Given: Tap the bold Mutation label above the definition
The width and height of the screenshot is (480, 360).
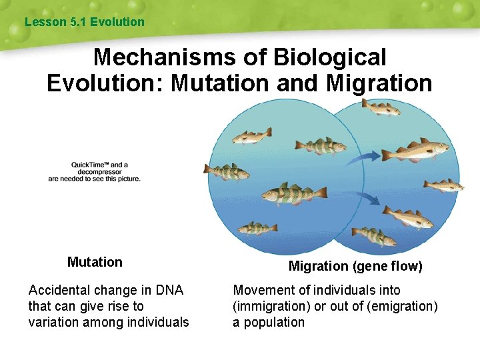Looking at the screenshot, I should coord(95,262).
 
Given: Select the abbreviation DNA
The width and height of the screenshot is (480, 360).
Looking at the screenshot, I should coord(169,290).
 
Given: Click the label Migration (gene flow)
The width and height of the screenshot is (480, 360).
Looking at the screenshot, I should coord(355,267).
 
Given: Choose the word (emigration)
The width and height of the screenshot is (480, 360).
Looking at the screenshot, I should coord(401,306).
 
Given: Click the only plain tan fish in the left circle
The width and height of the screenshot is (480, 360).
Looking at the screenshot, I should coord(251,137).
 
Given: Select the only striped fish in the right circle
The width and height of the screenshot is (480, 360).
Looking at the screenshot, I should coord(374,235).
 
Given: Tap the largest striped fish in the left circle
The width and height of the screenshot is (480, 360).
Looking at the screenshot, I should coord(294,194).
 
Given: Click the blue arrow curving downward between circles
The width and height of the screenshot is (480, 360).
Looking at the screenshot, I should coord(368,198).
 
